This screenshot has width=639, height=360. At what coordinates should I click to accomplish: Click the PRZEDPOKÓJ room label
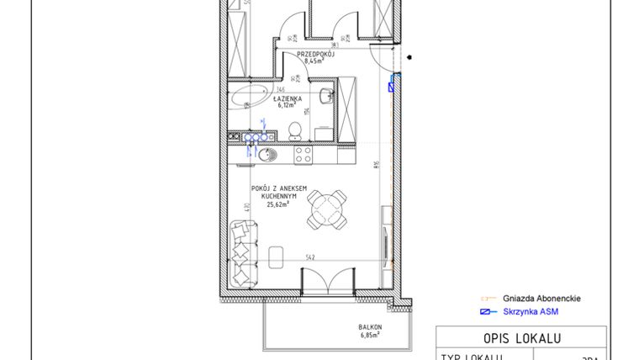(315, 53)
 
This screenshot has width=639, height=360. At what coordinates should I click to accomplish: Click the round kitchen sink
(265, 155)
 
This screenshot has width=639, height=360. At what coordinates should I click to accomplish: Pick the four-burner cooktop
(303, 155)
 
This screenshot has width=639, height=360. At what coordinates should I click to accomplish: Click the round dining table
(325, 207)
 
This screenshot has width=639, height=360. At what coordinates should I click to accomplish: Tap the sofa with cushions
(243, 251)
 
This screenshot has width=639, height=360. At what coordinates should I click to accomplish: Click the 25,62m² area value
(277, 204)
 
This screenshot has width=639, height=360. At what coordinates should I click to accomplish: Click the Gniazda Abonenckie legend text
(541, 299)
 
